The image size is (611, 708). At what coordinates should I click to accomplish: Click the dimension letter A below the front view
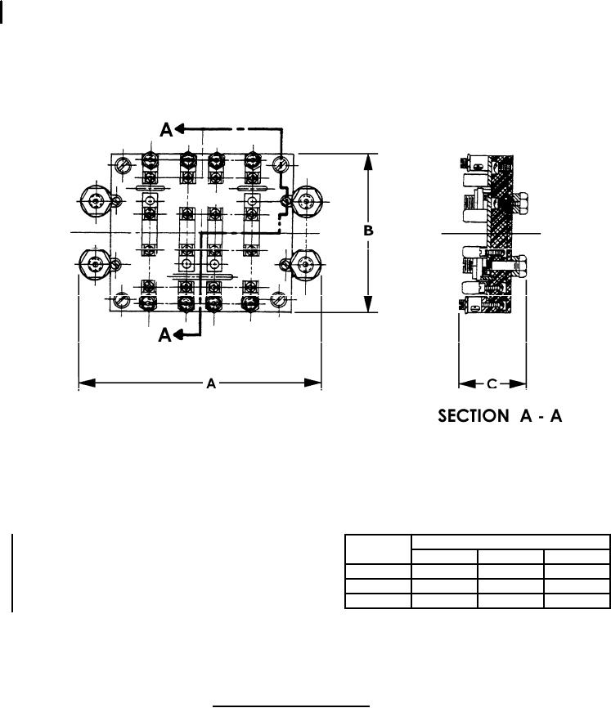[x=211, y=383]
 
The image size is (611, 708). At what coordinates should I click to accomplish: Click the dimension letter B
[x=369, y=231]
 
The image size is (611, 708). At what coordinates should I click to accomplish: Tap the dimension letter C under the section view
[x=492, y=383]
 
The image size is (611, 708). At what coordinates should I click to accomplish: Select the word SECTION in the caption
[x=474, y=415]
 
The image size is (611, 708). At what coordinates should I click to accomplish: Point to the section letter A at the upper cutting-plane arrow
[x=166, y=130]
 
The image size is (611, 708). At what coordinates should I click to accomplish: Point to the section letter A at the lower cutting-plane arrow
[x=165, y=335]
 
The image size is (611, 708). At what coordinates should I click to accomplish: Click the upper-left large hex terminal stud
[x=95, y=201]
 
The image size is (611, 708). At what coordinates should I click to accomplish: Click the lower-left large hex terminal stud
[x=94, y=263]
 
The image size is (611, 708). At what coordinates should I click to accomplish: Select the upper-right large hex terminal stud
[x=307, y=201]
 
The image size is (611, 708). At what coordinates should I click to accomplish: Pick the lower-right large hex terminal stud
[x=306, y=264]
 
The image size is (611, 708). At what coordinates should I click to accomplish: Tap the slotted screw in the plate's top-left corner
[x=123, y=165]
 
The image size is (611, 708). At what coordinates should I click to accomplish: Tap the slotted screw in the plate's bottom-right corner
[x=279, y=299]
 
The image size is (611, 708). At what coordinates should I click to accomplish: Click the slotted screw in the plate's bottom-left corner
[x=122, y=300]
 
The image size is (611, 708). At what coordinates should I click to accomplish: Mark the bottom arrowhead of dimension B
[x=369, y=304]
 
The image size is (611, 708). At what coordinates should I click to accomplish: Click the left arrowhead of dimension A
[x=88, y=383]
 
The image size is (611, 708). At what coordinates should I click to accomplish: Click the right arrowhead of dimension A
[x=313, y=383]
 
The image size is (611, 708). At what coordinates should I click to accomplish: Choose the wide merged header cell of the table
[x=510, y=542]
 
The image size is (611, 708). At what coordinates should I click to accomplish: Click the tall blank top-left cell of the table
[x=379, y=549]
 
